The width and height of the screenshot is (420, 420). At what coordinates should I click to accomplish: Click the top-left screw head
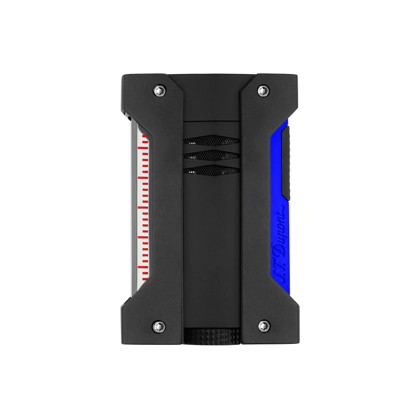coord(160,90)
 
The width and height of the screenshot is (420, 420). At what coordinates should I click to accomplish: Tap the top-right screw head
coord(264,90)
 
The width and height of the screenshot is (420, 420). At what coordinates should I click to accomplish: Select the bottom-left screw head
coord(159,325)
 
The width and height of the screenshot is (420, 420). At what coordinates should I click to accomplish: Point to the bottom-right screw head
coord(264,325)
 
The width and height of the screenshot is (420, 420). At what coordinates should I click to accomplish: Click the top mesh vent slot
coord(212,140)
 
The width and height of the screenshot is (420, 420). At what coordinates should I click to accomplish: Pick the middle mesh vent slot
coord(212,155)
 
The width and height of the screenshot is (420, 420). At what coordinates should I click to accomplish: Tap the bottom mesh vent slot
coord(212,170)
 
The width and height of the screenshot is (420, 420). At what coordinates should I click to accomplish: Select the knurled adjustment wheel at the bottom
coord(212,335)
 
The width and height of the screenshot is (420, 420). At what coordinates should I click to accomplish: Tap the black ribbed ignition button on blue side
coord(286,163)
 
